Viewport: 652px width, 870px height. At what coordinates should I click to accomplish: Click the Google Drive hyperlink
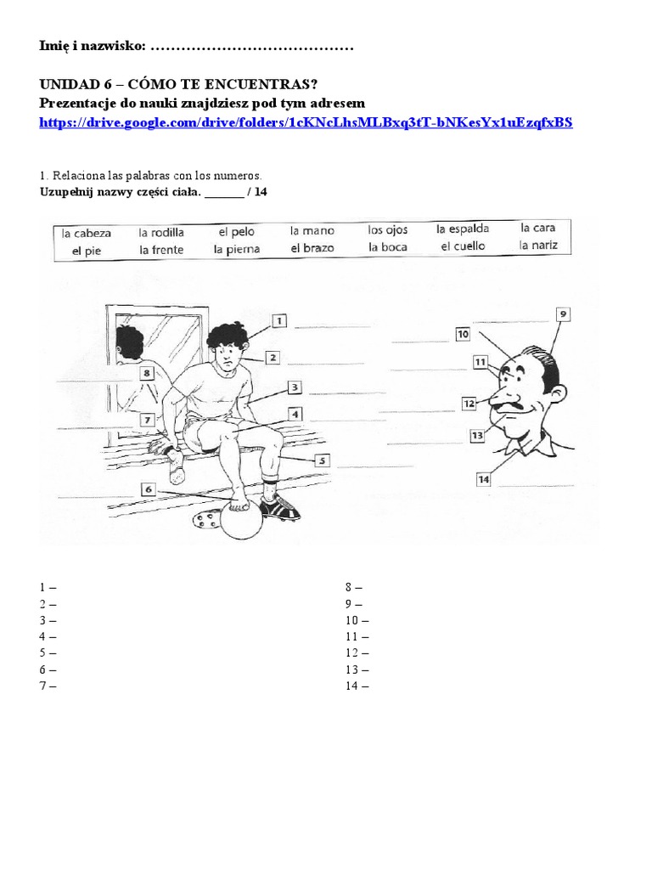pyautogui.click(x=306, y=122)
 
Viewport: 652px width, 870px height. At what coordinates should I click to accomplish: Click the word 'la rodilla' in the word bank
pyautogui.click(x=161, y=232)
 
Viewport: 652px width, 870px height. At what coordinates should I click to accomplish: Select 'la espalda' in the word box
pyautogui.click(x=463, y=229)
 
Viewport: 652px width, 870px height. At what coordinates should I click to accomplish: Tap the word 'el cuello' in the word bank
pyautogui.click(x=463, y=246)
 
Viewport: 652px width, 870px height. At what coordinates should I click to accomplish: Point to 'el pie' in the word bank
pyautogui.click(x=86, y=250)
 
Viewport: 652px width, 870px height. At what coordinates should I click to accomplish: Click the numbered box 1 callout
pyautogui.click(x=279, y=321)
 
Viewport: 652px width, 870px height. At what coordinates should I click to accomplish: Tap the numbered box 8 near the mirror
pyautogui.click(x=147, y=372)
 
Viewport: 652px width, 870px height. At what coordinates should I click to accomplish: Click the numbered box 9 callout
pyautogui.click(x=562, y=314)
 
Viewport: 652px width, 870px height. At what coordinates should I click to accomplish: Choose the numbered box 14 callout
pyautogui.click(x=483, y=479)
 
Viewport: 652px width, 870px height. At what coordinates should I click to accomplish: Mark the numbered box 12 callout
pyautogui.click(x=468, y=403)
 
